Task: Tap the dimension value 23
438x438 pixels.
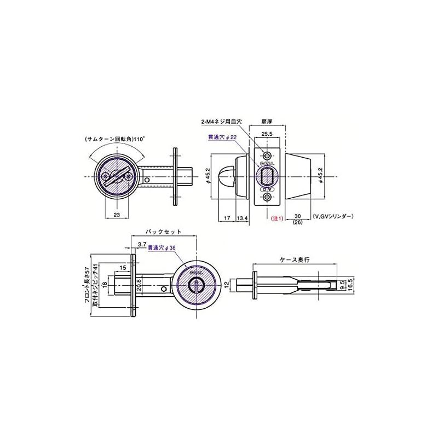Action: tap(117, 215)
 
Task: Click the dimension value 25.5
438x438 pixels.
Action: tap(267, 133)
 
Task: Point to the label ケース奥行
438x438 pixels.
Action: tap(295, 261)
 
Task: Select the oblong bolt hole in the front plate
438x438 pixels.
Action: tap(267, 176)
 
